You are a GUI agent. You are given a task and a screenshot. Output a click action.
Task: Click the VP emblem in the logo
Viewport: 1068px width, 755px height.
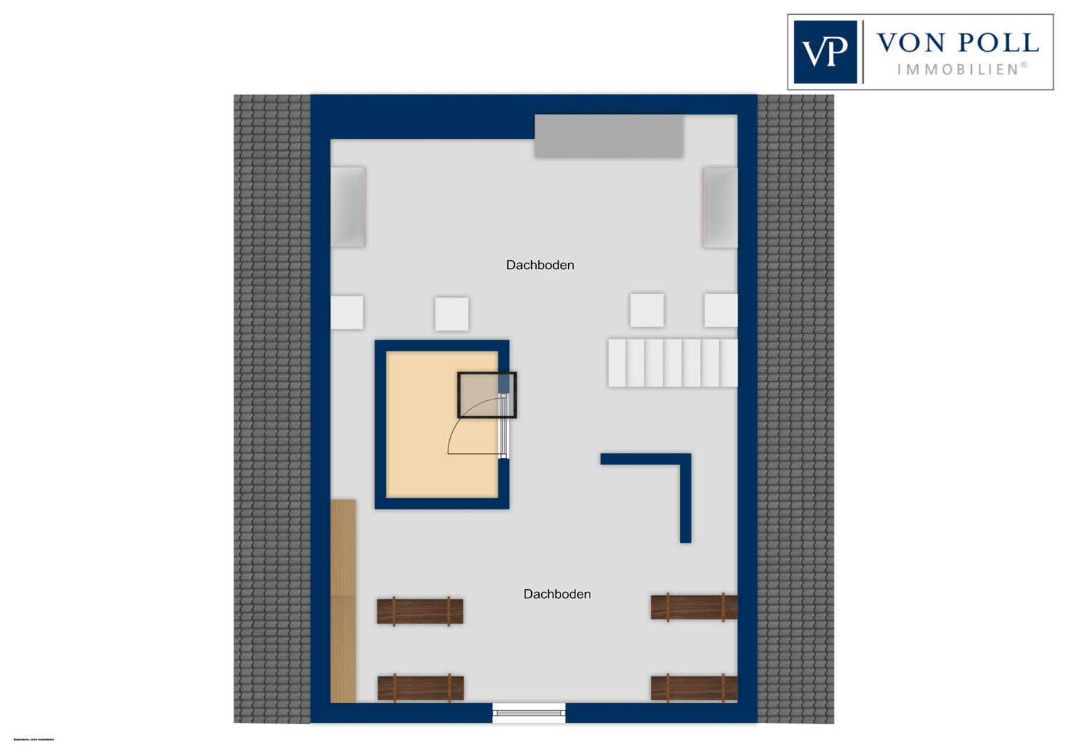(825, 52)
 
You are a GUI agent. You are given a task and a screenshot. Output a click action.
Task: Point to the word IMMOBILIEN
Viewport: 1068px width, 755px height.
(958, 70)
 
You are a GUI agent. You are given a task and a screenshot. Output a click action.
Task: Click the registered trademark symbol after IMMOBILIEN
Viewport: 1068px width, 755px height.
(1024, 66)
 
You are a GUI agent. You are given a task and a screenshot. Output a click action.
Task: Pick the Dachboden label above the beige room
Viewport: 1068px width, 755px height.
(540, 265)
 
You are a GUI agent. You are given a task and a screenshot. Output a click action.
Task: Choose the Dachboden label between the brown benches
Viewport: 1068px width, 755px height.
(557, 594)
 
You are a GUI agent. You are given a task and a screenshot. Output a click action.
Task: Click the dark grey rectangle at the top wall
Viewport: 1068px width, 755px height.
(609, 136)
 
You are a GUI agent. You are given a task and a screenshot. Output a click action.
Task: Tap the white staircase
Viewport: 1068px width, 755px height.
(672, 363)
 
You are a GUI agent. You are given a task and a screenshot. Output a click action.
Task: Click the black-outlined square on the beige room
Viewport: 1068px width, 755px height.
(486, 395)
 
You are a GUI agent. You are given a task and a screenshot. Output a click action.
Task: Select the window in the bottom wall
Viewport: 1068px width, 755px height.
(529, 712)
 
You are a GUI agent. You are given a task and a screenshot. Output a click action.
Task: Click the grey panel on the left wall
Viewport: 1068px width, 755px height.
(348, 207)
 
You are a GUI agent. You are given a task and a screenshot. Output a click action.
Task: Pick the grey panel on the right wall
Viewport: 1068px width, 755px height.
(720, 207)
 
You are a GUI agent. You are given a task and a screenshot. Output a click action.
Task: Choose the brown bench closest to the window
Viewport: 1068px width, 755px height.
(421, 688)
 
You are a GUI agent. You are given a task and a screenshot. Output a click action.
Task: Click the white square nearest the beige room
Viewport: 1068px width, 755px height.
(451, 314)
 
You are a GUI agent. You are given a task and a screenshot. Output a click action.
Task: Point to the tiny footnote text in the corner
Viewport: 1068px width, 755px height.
(33, 740)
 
